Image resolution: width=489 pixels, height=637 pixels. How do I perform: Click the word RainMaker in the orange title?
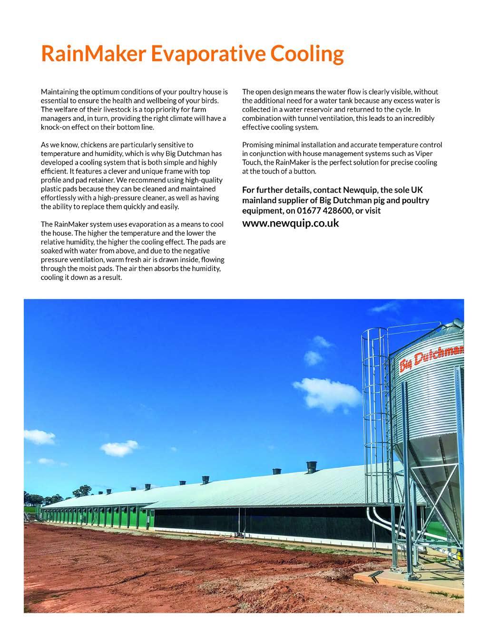tap(93, 54)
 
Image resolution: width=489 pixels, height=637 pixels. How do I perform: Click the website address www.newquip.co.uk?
tap(291, 223)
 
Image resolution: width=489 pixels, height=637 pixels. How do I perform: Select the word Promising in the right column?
tap(258, 145)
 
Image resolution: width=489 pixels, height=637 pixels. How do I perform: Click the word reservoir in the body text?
tap(331, 109)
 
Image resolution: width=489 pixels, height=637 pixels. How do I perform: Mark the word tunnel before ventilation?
tap(311, 118)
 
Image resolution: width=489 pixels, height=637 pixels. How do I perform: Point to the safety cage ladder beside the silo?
tap(376, 404)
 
